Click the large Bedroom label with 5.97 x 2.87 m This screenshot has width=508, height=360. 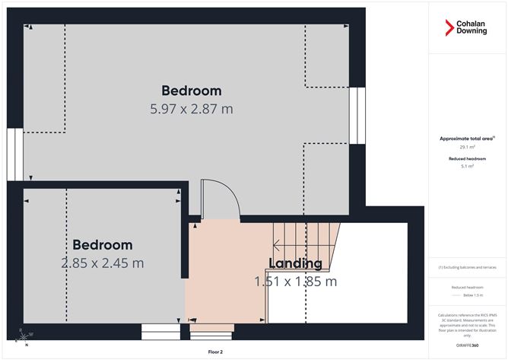(192, 91)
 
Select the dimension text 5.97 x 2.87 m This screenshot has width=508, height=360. (192, 109)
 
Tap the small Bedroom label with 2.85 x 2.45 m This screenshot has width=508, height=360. (103, 245)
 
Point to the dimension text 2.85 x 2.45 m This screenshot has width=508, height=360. (103, 263)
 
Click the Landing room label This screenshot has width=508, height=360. (295, 263)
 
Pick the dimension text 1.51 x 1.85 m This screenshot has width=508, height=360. (295, 282)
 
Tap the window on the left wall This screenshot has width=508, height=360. (11, 155)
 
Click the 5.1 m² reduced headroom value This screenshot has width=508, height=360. (467, 166)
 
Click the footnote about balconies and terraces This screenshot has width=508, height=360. (467, 267)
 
